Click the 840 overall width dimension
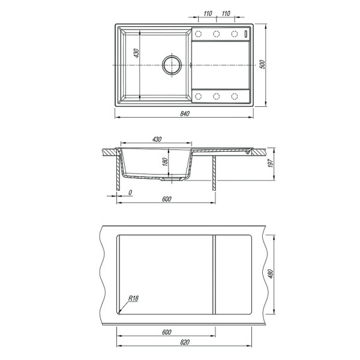coord(185,113)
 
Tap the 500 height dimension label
coord(262,64)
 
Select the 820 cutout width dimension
coord(185,343)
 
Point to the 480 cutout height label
coord(271,274)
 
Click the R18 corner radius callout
coord(133,298)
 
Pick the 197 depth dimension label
coord(271,163)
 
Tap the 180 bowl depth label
coord(165,162)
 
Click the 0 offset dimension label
coord(130,193)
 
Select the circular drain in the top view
coord(172,65)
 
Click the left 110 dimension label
coord(208,14)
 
